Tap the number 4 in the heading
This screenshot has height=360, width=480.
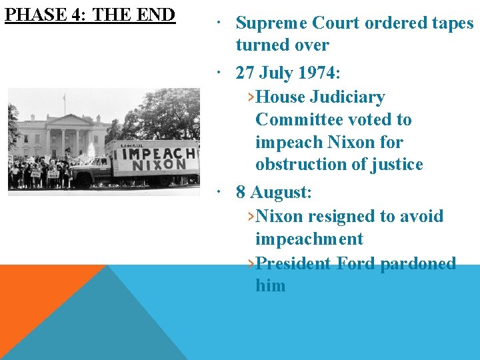pyautogui.click(x=76, y=14)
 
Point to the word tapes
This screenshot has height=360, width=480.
pyautogui.click(x=451, y=23)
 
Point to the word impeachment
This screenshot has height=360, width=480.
pyautogui.click(x=309, y=239)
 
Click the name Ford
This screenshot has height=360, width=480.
pyautogui.click(x=356, y=263)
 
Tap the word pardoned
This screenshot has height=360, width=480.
pyautogui.click(x=418, y=263)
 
